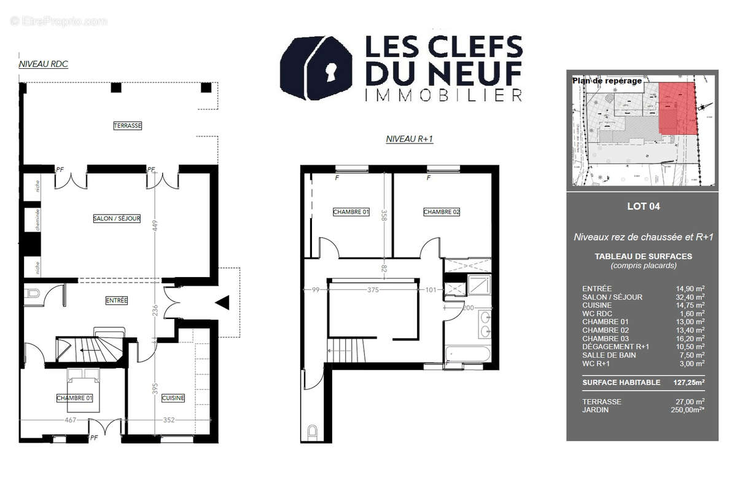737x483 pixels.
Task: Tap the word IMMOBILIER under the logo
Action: pyautogui.click(x=443, y=95)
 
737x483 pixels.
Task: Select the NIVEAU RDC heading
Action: pyautogui.click(x=43, y=63)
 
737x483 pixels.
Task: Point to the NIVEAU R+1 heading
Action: pyautogui.click(x=409, y=139)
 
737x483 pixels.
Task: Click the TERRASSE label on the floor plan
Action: pyautogui.click(x=127, y=125)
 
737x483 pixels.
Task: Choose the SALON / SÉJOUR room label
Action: pyautogui.click(x=117, y=218)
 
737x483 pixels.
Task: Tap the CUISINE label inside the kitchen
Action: pyautogui.click(x=173, y=398)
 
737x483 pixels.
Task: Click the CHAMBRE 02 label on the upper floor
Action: pyautogui.click(x=442, y=212)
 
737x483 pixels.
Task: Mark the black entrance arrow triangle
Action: pyautogui.click(x=222, y=302)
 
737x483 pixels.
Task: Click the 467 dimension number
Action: pyautogui.click(x=70, y=420)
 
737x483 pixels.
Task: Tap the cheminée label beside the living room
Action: pyautogui.click(x=38, y=218)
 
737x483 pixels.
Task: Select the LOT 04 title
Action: pyautogui.click(x=643, y=206)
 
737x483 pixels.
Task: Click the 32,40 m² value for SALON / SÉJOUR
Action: pyautogui.click(x=690, y=297)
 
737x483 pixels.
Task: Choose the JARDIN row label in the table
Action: pyautogui.click(x=595, y=410)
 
